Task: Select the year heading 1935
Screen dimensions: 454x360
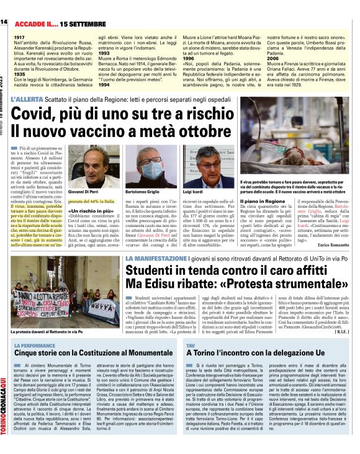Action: (18, 74)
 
